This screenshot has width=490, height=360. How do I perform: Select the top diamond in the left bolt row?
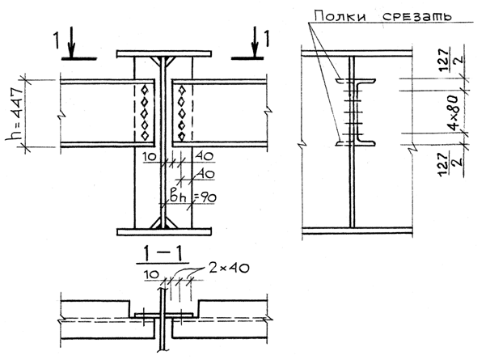point(144,88)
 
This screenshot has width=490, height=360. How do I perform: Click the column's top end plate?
point(164,55)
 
